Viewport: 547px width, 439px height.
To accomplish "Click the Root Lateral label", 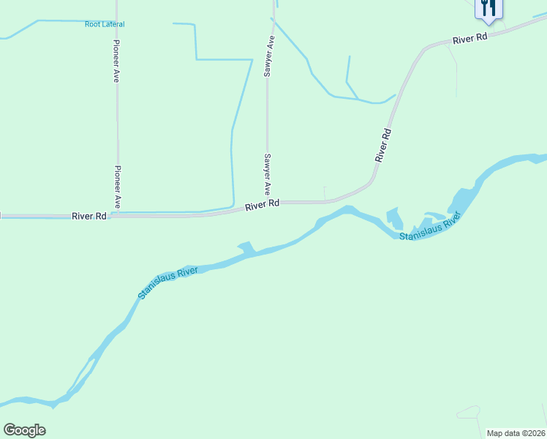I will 105,24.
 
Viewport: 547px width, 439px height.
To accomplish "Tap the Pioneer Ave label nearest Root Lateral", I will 116,59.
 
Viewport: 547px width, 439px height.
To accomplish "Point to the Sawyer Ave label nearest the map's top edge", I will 268,56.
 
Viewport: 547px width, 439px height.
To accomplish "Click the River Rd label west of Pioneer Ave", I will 90,217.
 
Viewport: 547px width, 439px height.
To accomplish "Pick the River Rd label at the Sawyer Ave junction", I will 263,206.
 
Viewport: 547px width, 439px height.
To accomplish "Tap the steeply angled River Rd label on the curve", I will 383,145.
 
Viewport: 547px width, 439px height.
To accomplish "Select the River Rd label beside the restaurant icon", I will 469,39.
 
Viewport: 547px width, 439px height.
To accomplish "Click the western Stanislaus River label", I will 168,283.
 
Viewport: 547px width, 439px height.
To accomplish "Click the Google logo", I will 25,430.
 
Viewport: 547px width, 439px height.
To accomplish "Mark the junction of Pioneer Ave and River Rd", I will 117,216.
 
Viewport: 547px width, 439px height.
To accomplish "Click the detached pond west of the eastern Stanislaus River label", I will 393,217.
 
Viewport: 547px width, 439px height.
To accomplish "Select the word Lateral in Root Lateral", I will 113,24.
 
